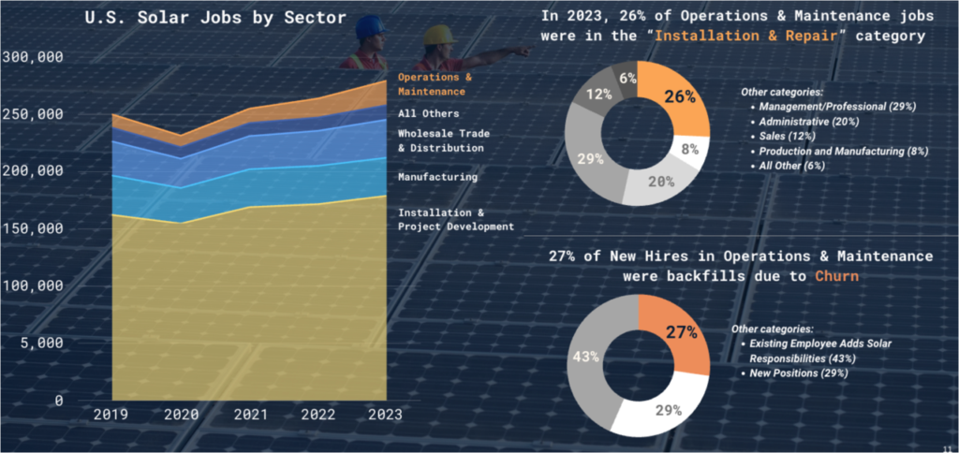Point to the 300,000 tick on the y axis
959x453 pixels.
tap(33, 56)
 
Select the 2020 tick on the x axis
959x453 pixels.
tap(182, 414)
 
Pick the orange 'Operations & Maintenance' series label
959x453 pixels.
tap(435, 84)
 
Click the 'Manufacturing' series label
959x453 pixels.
tap(437, 176)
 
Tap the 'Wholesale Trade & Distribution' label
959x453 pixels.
tap(444, 140)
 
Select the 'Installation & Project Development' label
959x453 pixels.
tap(456, 219)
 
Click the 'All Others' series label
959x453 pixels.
tap(429, 113)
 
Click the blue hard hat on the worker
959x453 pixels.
tap(370, 24)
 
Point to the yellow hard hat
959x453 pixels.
tap(438, 35)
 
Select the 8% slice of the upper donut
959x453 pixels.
tap(690, 149)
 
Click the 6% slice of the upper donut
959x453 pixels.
tap(625, 78)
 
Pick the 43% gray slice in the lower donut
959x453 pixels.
tap(588, 358)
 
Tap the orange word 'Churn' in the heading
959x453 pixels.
tap(837, 276)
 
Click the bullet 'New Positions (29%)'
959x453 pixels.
tap(799, 373)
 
